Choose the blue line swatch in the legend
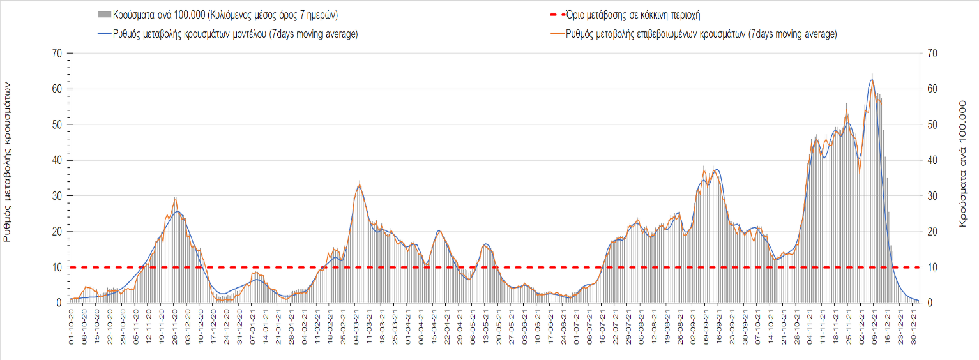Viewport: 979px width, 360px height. coord(102,34)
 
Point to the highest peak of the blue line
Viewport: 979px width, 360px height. coord(872,80)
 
